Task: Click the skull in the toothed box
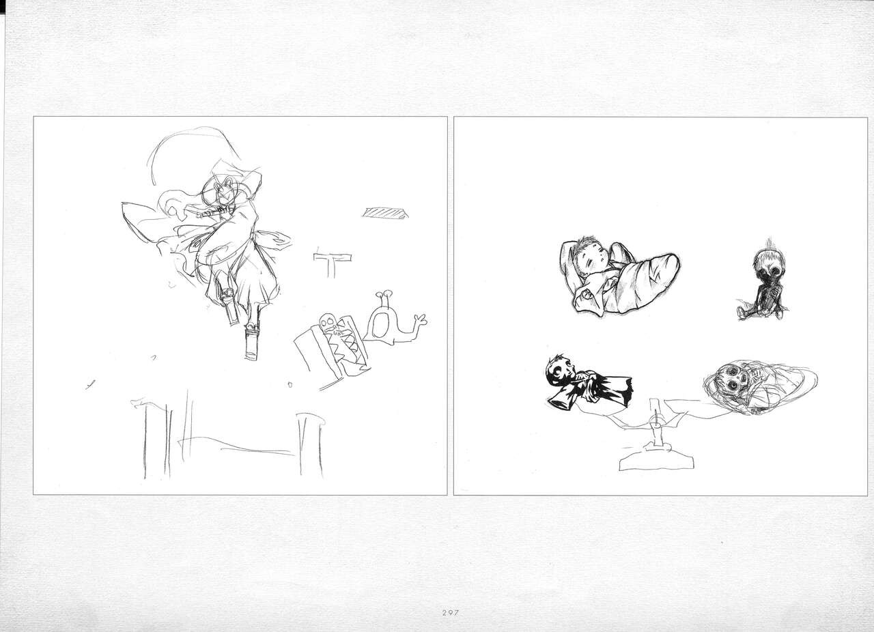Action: pyautogui.click(x=327, y=323)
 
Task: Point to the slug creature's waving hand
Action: pyautogui.click(x=420, y=320)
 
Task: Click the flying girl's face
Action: pyautogui.click(x=225, y=195)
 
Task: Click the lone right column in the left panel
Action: pyautogui.click(x=311, y=445)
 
